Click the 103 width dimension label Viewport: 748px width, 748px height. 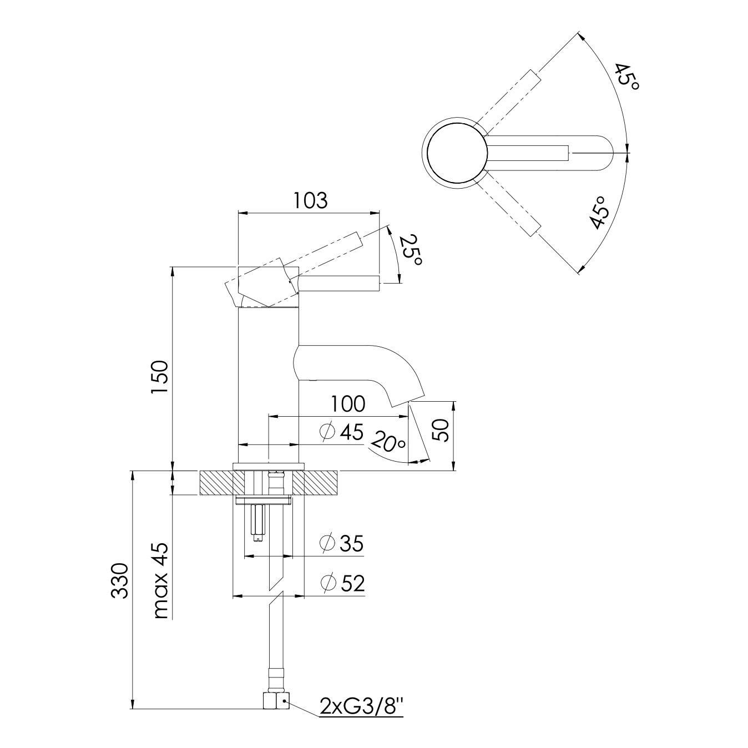(310, 201)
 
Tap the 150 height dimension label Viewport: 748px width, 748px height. (160, 377)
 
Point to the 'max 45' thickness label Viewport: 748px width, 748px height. (161, 585)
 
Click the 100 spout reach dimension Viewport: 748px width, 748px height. (348, 404)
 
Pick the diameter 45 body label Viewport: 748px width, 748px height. (341, 432)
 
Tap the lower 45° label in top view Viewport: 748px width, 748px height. (598, 213)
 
